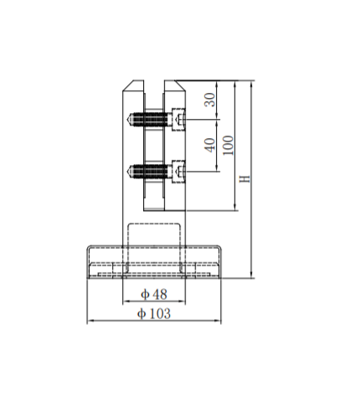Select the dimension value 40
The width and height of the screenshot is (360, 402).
pos(210,143)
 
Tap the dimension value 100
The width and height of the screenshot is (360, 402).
pos(227,145)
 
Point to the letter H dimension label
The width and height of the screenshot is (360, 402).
pos(244,180)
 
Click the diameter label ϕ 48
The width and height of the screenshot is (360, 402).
pos(153,294)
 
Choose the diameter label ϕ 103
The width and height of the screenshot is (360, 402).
pos(153,313)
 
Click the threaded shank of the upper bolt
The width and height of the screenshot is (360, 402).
pos(151,120)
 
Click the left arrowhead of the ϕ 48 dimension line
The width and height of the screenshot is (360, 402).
pos(126,301)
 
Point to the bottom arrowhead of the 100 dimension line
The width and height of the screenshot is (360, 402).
pos(234,209)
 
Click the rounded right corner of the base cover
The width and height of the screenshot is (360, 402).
pos(219,250)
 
